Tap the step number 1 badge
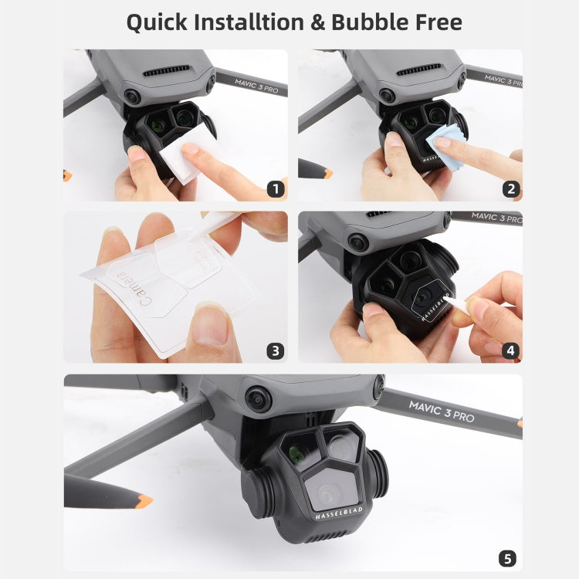[274, 188]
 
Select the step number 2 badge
[510, 188]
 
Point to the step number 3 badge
[274, 350]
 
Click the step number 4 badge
[510, 350]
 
